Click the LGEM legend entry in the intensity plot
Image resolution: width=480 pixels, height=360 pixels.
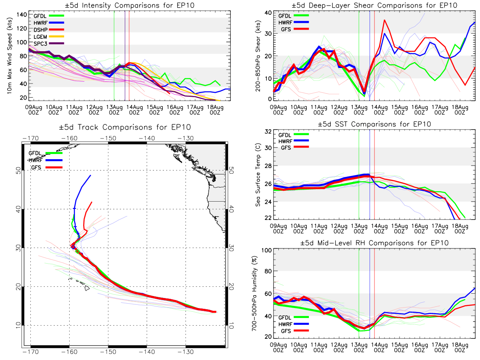pos(48,36)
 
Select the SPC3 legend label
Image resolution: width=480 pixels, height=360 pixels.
pos(40,44)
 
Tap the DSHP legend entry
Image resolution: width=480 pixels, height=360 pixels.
pos(48,30)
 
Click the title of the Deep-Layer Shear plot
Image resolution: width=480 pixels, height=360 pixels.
pos(374,5)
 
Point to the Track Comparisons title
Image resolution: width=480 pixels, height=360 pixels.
pos(125,127)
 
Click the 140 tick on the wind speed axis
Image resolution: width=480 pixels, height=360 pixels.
pos(22,15)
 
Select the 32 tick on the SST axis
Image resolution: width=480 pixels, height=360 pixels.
pos(268,132)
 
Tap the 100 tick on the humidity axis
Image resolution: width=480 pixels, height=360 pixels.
pos(266,250)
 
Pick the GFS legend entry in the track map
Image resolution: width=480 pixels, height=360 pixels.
pos(46,168)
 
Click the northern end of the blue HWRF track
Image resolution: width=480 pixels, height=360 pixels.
pos(90,175)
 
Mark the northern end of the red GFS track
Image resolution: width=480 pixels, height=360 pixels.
pos(92,202)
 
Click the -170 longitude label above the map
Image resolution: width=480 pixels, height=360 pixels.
pos(31,138)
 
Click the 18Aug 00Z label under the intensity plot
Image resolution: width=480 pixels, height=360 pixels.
pos(215,110)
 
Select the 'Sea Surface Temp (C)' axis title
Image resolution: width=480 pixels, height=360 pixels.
pos(258,175)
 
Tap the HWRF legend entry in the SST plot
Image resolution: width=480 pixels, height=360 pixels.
pos(294,141)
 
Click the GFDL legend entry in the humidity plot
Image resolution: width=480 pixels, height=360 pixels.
pos(294,317)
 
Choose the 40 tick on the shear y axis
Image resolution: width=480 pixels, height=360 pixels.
pos(268,13)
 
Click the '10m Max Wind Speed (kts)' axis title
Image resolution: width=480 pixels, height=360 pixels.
pos(10,56)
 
